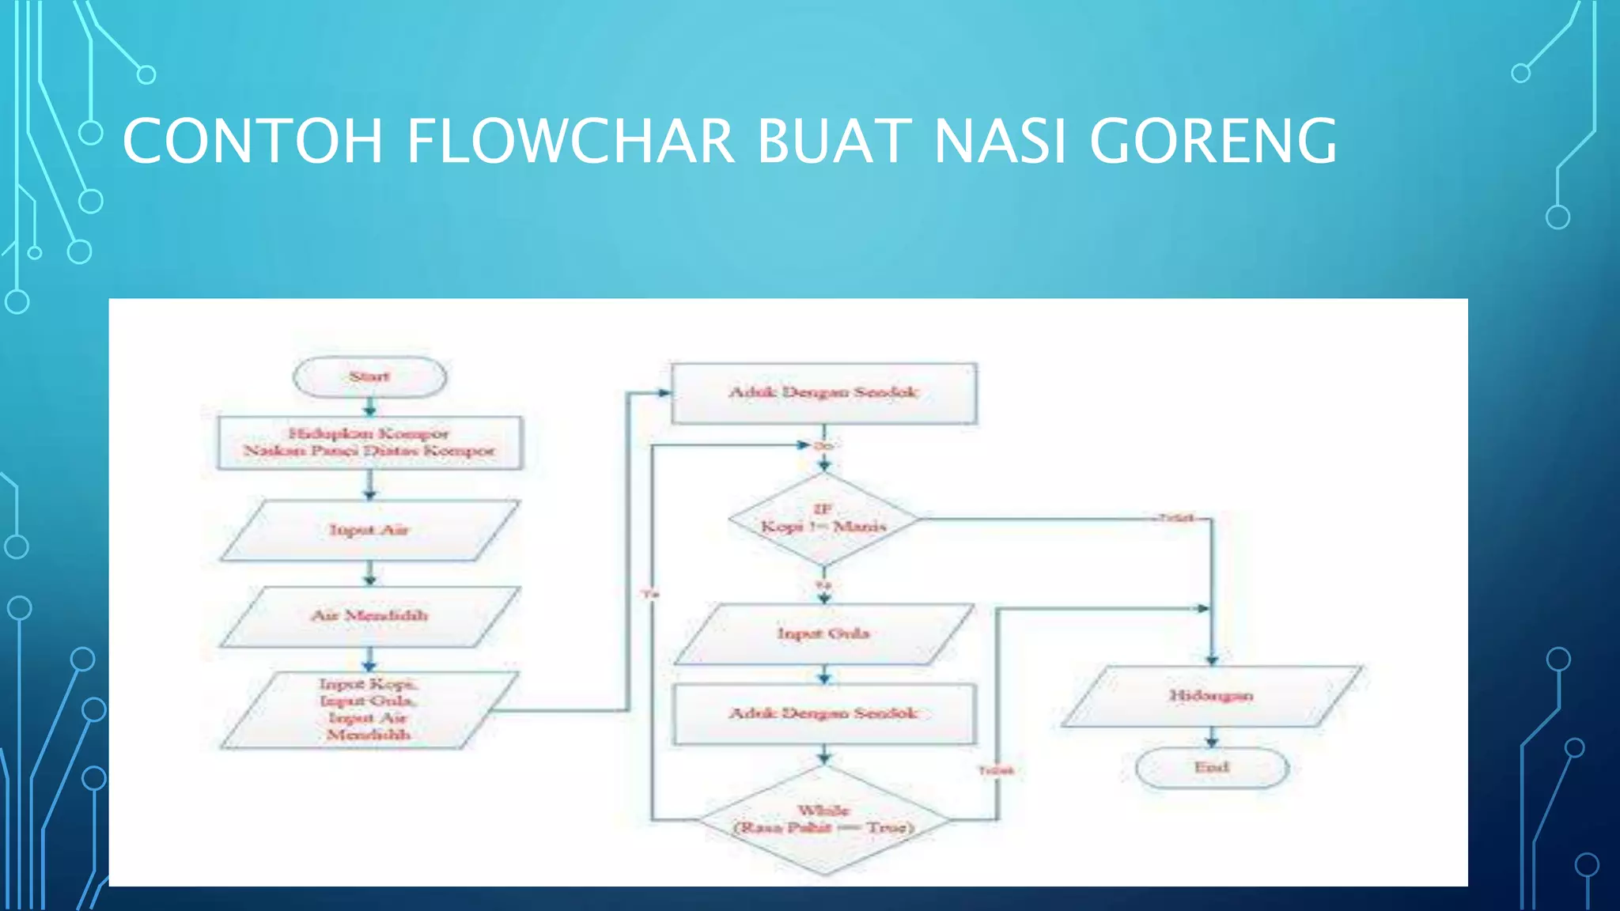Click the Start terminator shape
369,377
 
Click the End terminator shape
1211,768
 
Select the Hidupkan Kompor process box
369,443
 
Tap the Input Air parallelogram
369,531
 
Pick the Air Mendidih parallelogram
369,616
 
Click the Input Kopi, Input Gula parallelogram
369,709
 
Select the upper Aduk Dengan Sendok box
823,393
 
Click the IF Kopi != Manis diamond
823,520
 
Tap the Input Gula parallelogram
823,633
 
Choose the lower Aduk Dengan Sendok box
823,714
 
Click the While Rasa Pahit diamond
823,820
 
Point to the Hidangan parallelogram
1211,696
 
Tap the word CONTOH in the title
252,141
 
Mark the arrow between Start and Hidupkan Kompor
369,407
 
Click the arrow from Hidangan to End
1211,739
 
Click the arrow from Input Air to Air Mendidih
369,574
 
